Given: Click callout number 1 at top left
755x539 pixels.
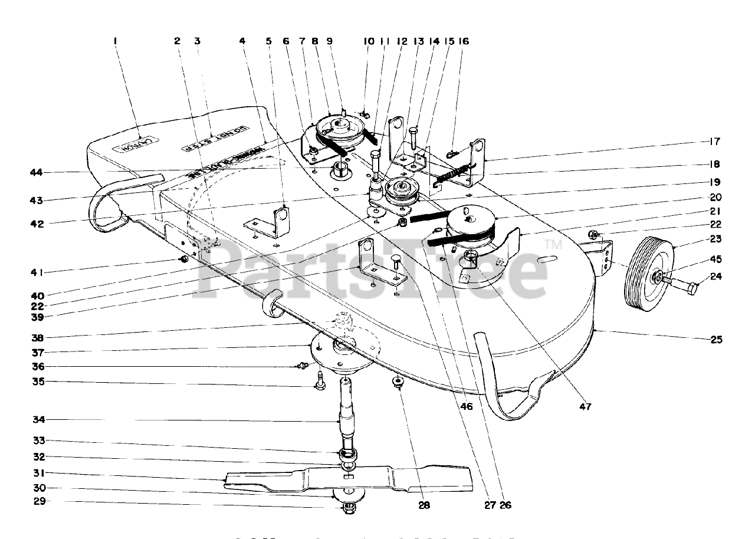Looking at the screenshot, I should click(116, 41).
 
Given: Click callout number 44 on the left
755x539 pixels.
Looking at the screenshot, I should click(37, 172).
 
